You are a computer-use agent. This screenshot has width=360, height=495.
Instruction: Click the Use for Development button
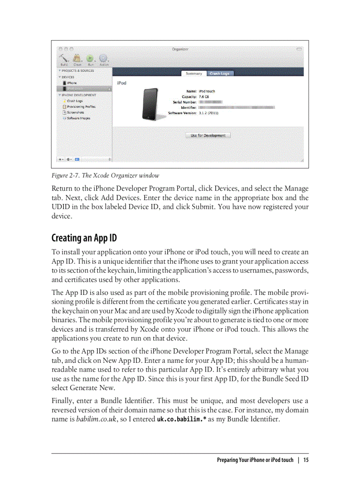pyautogui.click(x=208, y=135)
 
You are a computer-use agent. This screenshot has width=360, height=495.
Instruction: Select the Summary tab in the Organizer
pyautogui.click(x=194, y=74)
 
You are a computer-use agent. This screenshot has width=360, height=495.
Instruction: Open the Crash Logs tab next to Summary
pyautogui.click(x=219, y=74)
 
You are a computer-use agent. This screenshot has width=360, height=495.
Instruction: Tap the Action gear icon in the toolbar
pyautogui.click(x=104, y=58)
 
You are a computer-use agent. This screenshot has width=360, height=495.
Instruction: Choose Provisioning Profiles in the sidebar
pyautogui.click(x=81, y=107)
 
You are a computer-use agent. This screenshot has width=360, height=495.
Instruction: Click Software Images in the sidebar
pyautogui.click(x=78, y=118)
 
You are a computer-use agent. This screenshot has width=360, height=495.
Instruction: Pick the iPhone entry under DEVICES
pyautogui.click(x=71, y=83)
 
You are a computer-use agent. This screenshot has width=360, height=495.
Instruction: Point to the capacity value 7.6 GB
pyautogui.click(x=204, y=97)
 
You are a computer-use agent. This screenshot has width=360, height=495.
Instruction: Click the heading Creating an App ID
pyautogui.click(x=84, y=238)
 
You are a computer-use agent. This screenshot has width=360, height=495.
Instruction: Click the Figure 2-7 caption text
pyautogui.click(x=105, y=175)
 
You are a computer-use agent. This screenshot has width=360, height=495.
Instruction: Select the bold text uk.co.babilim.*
pyautogui.click(x=182, y=419)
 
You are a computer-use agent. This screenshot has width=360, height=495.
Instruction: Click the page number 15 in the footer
pyautogui.click(x=306, y=460)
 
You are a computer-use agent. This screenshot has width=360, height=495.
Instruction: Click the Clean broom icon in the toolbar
pyautogui.click(x=77, y=58)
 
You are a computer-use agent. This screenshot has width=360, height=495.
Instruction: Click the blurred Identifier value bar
pyautogui.click(x=236, y=107)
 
